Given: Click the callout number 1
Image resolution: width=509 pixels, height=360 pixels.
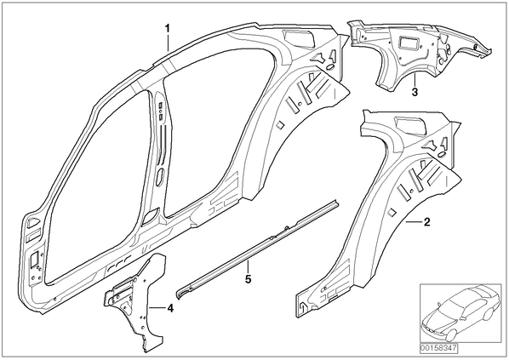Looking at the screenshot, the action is click(x=168, y=29).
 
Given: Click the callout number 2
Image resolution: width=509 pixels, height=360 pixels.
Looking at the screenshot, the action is click(x=427, y=222).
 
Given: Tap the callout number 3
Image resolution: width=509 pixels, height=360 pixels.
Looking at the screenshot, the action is click(x=415, y=92).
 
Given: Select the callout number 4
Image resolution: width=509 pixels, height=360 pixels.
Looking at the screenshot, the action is click(x=170, y=308).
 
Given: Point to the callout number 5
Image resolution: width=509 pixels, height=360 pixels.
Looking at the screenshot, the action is click(x=248, y=279).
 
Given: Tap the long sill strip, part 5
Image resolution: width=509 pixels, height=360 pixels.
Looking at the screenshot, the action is click(x=258, y=249).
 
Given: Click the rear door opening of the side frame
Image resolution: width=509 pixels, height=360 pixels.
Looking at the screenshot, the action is click(x=214, y=130).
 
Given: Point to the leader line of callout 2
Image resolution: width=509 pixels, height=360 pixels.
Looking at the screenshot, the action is click(x=414, y=222).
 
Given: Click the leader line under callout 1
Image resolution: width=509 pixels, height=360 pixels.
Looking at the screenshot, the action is click(x=168, y=43).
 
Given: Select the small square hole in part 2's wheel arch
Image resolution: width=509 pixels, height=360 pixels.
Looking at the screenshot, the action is click(x=392, y=212).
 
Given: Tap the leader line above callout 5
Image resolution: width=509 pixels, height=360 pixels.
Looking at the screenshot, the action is click(x=248, y=266).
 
